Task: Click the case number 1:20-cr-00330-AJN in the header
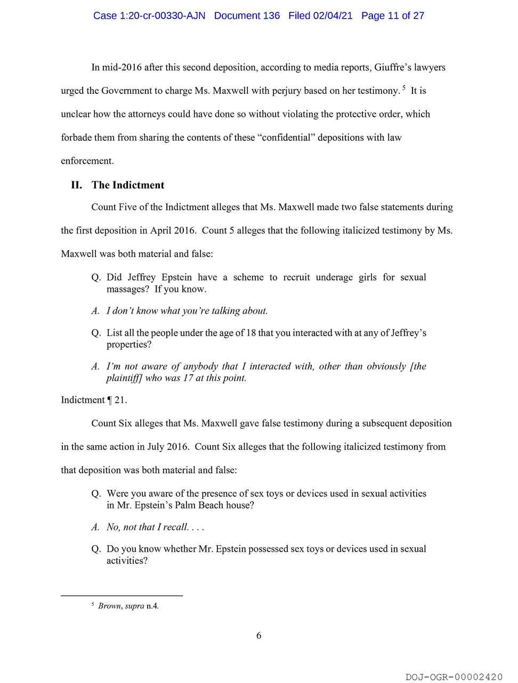point(149,15)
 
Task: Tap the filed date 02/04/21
point(333,15)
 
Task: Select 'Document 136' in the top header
point(247,15)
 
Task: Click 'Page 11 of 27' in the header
point(392,15)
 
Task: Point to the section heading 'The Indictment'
point(128,185)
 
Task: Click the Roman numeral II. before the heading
point(76,185)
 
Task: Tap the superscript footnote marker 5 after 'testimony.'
point(404,88)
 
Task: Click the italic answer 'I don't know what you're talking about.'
point(187,311)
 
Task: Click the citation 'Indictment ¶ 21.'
point(94,400)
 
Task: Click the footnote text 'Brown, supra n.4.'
point(128,606)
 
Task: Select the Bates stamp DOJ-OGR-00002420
point(454,677)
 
